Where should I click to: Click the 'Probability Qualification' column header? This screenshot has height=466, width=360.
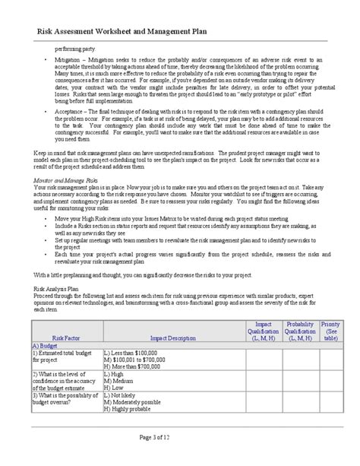coord(301,331)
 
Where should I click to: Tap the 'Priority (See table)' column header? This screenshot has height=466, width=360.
coord(331,331)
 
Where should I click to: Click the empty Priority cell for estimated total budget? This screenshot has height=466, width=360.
coord(331,359)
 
